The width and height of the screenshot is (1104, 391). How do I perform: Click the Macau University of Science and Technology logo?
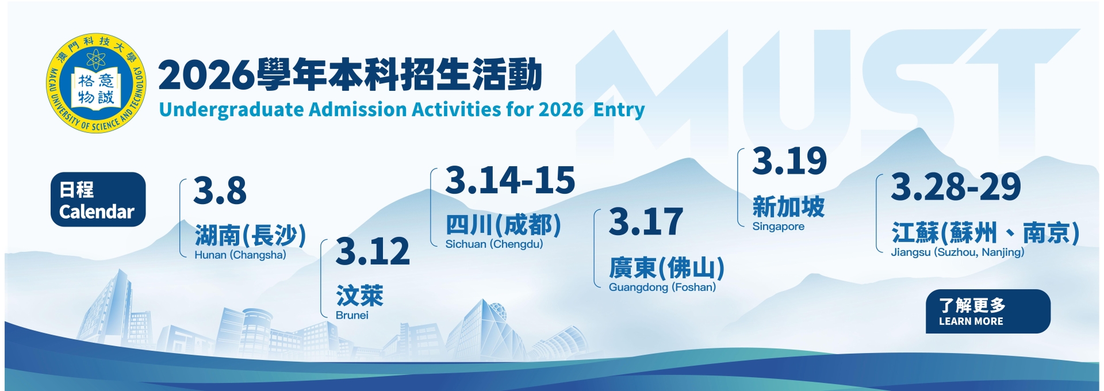[96, 82]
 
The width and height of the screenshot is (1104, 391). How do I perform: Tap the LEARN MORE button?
[988, 311]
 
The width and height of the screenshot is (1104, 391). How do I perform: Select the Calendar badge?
[98, 200]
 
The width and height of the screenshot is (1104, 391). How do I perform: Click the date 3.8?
[220, 191]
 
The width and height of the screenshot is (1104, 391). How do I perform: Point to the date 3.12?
[373, 251]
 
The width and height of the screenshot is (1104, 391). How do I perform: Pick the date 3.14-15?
[510, 180]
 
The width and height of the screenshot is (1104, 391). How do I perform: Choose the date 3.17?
[646, 222]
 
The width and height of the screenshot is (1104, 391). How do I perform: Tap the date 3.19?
[789, 160]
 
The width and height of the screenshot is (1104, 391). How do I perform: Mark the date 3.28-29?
[956, 186]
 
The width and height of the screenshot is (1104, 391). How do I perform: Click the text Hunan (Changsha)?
[240, 255]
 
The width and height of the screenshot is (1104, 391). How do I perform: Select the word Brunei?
[352, 315]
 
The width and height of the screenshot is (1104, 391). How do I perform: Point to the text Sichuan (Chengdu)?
[494, 244]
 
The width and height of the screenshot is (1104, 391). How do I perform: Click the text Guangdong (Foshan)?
[662, 287]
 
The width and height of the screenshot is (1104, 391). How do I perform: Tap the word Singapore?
[779, 227]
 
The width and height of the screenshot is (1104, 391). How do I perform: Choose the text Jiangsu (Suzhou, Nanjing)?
[957, 252]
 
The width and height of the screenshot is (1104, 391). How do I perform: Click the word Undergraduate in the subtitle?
[231, 109]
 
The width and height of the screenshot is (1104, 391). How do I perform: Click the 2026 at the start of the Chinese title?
[206, 75]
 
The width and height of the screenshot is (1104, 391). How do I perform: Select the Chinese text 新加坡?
[789, 206]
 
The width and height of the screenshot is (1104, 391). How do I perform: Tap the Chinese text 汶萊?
[360, 296]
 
